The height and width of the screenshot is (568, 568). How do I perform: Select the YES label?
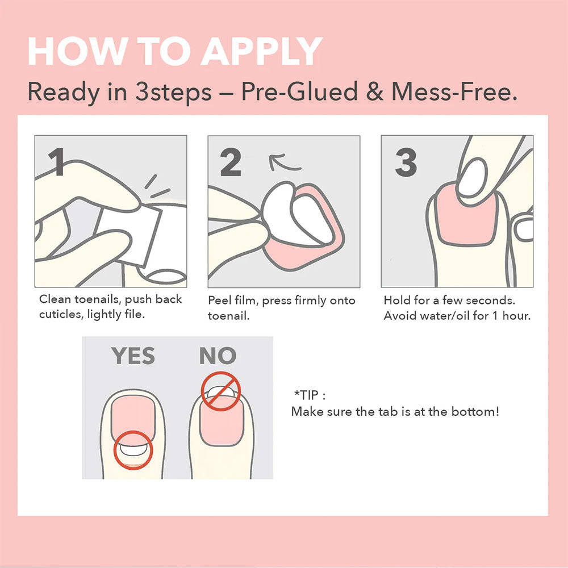tap(133, 356)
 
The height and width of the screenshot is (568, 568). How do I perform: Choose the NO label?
tap(218, 356)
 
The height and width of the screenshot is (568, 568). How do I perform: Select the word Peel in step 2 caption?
tap(219, 300)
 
